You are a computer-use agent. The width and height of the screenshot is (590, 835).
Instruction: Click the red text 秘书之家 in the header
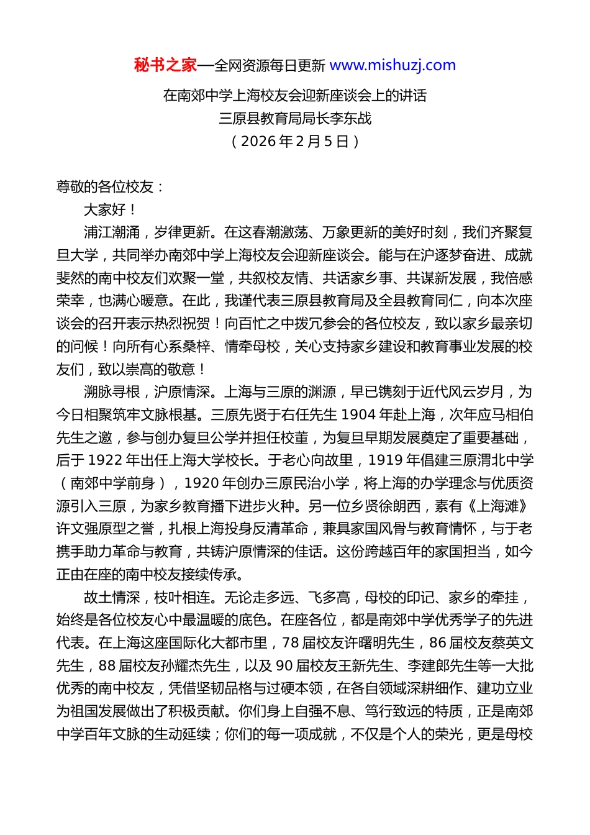click(165, 65)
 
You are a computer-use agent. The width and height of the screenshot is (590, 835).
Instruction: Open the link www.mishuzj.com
click(393, 65)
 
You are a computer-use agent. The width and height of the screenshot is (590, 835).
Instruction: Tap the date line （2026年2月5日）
click(295, 141)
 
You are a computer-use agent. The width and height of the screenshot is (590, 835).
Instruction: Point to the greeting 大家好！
click(111, 210)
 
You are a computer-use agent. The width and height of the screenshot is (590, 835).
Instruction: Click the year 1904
click(358, 415)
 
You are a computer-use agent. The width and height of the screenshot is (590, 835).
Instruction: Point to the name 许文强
click(77, 529)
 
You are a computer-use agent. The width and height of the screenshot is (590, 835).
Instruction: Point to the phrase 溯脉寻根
click(112, 392)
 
